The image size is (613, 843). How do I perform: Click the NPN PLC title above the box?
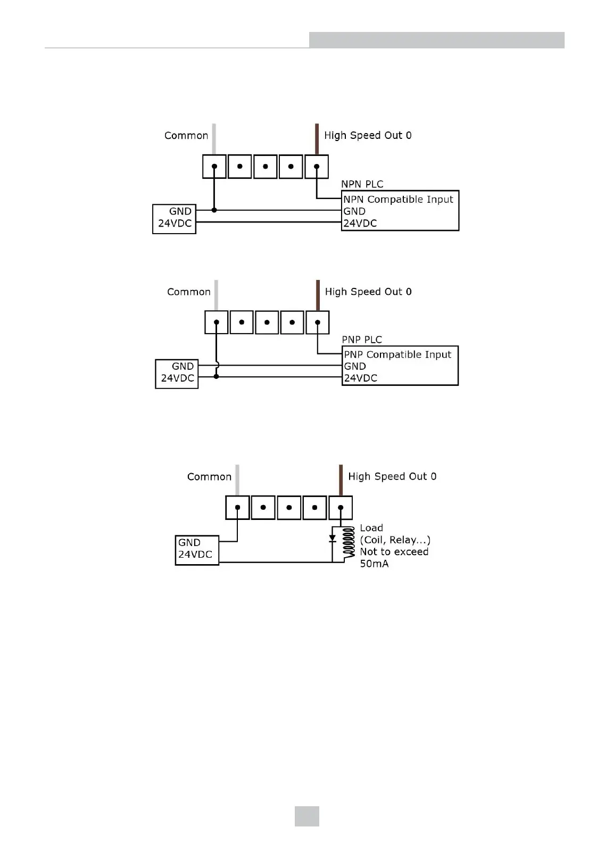click(x=362, y=184)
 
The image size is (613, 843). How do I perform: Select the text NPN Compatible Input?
click(x=398, y=200)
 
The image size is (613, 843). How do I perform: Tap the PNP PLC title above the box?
click(x=362, y=340)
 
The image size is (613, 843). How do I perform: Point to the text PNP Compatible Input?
click(x=397, y=354)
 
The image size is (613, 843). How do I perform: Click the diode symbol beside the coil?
click(x=333, y=539)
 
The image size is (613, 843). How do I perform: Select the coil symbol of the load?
click(x=349, y=543)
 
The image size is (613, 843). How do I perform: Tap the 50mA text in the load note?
click(x=374, y=564)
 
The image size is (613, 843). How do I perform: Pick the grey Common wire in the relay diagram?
click(x=237, y=479)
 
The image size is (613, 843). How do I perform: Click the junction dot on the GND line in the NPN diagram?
click(x=214, y=210)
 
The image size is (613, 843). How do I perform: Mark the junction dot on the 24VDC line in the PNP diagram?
click(x=216, y=377)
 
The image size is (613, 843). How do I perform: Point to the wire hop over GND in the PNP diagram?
click(x=217, y=366)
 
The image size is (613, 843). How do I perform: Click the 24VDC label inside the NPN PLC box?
click(x=360, y=224)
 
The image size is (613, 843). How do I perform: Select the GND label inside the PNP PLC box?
click(x=355, y=366)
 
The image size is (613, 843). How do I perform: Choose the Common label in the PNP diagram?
click(x=189, y=292)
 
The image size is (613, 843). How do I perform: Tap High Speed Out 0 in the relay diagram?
click(x=392, y=476)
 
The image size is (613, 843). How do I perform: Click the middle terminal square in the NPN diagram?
click(x=266, y=167)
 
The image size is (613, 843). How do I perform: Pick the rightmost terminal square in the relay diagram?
click(x=341, y=508)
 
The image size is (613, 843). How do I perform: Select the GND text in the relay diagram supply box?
click(x=189, y=543)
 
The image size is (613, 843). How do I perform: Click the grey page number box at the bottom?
click(x=307, y=816)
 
